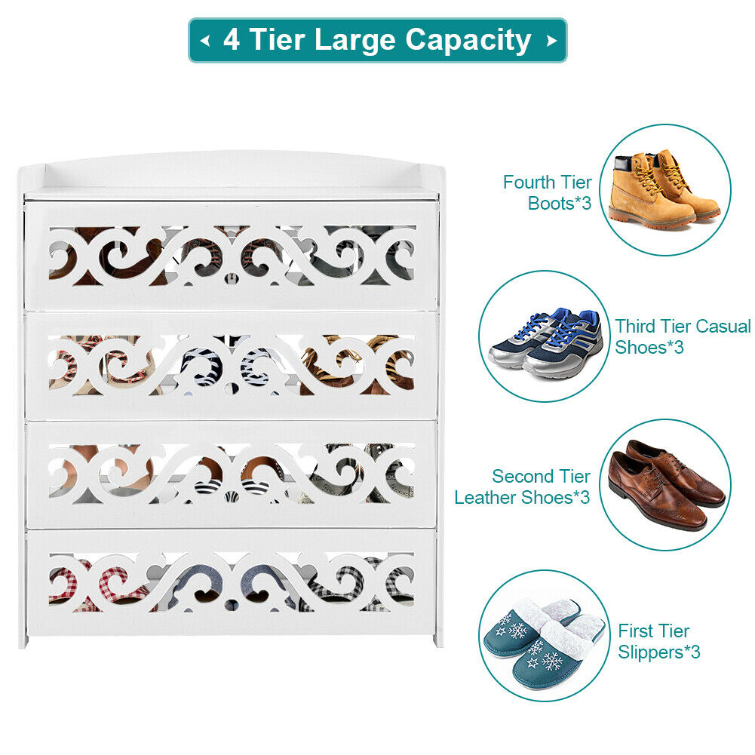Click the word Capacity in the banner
point(468,41)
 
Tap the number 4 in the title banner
point(231,39)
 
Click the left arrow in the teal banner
point(205,41)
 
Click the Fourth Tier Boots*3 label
point(547,192)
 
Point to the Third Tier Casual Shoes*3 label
point(683,336)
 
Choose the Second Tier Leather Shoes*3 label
point(522,486)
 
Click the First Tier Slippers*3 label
point(658,641)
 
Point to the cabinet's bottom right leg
point(437,640)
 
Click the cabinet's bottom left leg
point(23,641)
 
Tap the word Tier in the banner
point(278,39)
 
